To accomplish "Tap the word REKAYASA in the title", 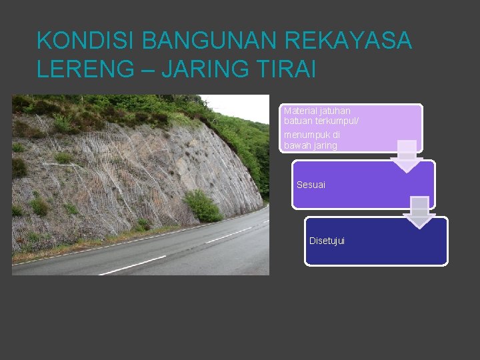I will click(348, 41).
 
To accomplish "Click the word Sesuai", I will click(311, 185).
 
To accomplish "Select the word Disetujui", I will click(327, 241).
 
